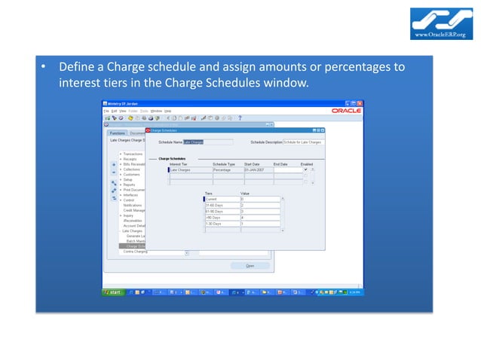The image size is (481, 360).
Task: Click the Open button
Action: tap(250, 265)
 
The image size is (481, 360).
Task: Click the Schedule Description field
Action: tap(302, 142)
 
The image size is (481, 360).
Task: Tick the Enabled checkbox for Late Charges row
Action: tap(305, 170)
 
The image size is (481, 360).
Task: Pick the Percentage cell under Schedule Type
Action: tap(226, 170)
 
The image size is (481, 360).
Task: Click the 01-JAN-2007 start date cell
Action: tap(257, 170)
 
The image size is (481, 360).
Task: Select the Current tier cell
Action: tap(222, 199)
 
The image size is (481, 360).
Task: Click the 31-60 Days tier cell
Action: tap(222, 205)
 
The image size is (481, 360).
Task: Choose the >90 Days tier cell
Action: tap(222, 217)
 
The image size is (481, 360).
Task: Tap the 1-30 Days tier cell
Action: tap(222, 223)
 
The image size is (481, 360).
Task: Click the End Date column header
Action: tap(280, 164)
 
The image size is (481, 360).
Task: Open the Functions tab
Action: tap(118, 133)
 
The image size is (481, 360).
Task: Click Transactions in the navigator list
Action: tap(133, 154)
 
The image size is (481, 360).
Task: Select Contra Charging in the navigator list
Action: tap(136, 251)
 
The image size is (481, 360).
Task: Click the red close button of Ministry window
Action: tap(360, 103)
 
